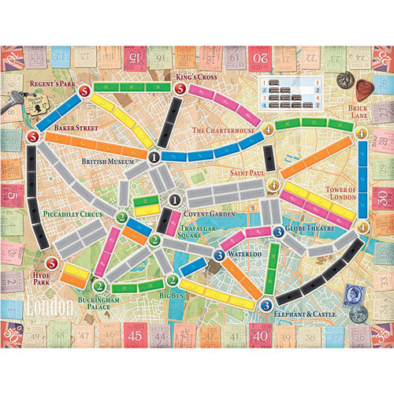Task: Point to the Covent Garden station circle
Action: (175, 200)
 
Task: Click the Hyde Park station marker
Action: (52, 264)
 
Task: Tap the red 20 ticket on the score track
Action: (258, 57)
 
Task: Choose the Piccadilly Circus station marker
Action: (121, 217)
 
